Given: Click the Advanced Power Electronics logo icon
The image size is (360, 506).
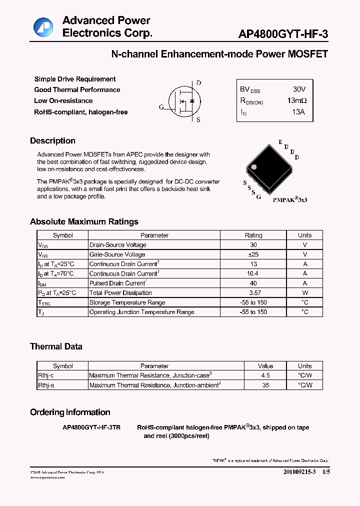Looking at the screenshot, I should coord(43,26).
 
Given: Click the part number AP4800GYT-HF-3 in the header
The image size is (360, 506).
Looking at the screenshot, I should coord(283,33).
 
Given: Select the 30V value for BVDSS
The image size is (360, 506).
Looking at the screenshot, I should coord(299,89).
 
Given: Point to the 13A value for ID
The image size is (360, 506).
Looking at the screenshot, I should coord(298,111).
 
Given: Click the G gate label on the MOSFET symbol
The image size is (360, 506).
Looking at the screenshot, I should coord(161,107).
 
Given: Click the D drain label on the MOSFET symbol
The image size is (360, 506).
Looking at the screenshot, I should coord(198,83).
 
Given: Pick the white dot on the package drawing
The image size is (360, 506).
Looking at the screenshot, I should coord(253,167).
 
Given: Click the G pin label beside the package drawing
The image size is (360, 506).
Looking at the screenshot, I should coord(258,197).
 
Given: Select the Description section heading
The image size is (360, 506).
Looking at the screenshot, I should coord(52,141).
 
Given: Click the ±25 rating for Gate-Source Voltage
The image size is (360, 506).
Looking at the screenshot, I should coord(253,254).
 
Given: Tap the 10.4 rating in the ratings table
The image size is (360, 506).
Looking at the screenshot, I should coord(253,273).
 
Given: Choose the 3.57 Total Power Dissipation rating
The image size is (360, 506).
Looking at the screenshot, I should coord(253,292).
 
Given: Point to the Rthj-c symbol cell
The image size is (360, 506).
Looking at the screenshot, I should coord(46,375).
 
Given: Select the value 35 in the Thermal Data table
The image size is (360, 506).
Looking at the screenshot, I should coord(265,385).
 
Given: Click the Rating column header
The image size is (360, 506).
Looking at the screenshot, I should coord(253,235).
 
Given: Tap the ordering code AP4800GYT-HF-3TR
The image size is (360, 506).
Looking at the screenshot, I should coord(91,427).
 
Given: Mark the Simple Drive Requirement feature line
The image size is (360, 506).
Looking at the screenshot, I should coord(75,79).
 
